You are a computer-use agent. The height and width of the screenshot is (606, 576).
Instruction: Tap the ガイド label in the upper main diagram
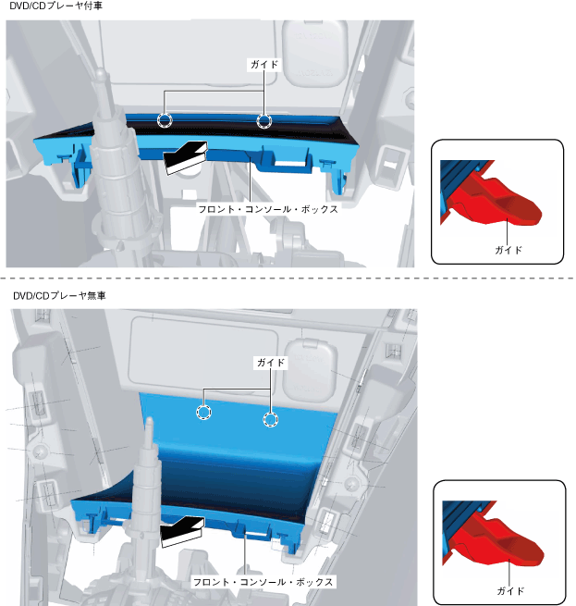click(263, 65)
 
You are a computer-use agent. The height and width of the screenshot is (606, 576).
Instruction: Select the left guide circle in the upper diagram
click(165, 120)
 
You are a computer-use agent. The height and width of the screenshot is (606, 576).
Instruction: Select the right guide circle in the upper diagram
click(264, 120)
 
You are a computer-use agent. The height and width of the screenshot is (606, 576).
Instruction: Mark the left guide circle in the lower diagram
click(202, 412)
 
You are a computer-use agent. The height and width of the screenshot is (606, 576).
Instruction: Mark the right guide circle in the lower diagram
click(270, 420)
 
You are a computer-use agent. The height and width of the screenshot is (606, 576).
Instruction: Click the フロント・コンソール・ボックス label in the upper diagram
click(268, 209)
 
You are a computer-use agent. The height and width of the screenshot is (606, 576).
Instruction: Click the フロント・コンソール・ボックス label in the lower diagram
click(263, 583)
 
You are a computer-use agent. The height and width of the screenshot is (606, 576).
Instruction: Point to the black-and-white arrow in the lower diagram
click(181, 532)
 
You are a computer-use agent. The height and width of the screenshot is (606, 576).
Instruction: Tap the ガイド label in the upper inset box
click(509, 250)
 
